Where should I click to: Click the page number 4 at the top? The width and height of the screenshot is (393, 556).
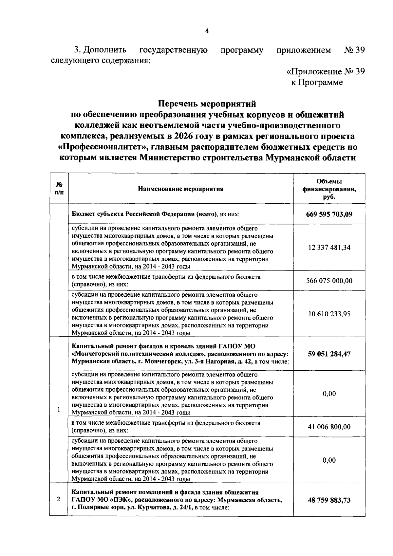(x=207, y=31)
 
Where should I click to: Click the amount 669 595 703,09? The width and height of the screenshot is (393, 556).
(x=329, y=214)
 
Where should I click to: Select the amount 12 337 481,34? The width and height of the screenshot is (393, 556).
(x=329, y=248)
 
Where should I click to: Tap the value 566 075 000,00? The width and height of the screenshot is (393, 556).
(x=329, y=281)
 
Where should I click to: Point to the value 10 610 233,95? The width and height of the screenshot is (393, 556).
(x=329, y=314)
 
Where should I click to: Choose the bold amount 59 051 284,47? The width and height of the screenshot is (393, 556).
(x=329, y=354)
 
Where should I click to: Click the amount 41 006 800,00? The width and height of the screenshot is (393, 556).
(x=329, y=427)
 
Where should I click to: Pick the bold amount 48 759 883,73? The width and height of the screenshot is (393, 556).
(x=329, y=500)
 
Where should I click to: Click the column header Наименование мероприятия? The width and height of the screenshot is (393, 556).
(x=180, y=189)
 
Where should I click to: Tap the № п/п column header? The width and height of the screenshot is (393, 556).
(x=58, y=189)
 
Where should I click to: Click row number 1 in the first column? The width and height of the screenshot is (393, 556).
(x=58, y=410)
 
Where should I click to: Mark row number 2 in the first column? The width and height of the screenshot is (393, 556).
(x=58, y=500)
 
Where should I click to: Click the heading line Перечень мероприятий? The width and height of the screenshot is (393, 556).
(x=207, y=104)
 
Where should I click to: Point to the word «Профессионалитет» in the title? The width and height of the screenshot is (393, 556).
(x=102, y=147)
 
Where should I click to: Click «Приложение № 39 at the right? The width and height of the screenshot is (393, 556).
(x=326, y=72)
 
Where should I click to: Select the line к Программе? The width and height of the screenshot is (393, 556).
(x=317, y=83)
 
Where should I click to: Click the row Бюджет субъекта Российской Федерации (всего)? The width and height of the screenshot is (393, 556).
(x=156, y=214)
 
